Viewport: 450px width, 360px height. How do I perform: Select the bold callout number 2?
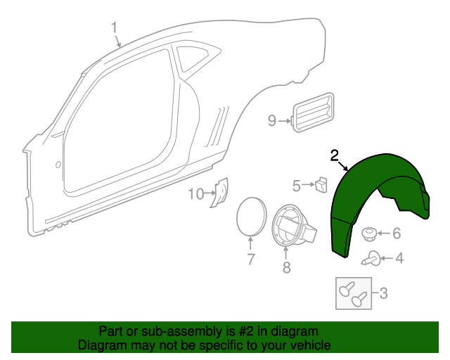click(335, 155)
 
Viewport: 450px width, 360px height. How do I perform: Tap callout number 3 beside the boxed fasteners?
click(383, 292)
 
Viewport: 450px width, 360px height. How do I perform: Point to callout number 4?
click(399, 259)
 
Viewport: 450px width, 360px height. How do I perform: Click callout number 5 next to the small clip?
click(297, 186)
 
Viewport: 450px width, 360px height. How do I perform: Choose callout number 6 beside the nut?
click(396, 233)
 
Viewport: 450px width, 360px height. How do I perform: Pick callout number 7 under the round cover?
click(250, 259)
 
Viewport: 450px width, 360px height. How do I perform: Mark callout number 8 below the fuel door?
click(286, 267)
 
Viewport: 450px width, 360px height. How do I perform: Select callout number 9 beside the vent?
click(272, 121)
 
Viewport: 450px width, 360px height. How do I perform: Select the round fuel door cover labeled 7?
click(250, 216)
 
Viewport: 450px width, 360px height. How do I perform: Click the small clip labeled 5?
click(321, 185)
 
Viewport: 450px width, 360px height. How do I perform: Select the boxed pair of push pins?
click(354, 292)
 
